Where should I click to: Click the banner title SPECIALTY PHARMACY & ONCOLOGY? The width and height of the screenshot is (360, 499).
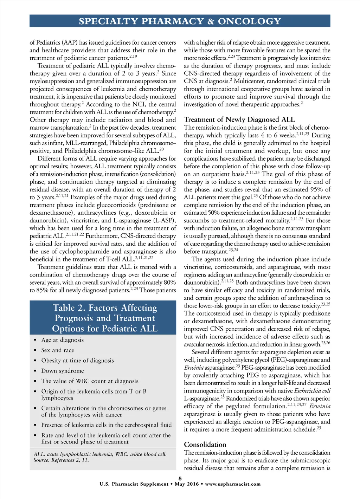tap(180, 21)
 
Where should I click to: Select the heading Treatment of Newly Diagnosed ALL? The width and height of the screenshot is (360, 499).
tap(239, 119)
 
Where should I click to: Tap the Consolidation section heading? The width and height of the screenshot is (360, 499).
tap(205, 445)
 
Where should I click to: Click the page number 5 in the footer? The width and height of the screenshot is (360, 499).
tap(180, 478)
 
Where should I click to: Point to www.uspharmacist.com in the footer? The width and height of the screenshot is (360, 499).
tap(233, 484)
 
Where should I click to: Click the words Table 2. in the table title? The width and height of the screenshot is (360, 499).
tap(69, 308)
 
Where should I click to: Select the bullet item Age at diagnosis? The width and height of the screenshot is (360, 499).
tap(63, 340)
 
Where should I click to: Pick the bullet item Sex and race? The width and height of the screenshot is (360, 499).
tap(58, 350)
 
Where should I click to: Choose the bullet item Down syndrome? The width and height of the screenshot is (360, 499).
tap(63, 371)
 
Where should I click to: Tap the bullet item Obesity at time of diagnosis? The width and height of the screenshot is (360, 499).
tap(77, 361)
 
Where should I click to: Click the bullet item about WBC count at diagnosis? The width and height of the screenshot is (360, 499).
tap(90, 381)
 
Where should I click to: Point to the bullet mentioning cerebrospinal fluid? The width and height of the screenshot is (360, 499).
tap(106, 425)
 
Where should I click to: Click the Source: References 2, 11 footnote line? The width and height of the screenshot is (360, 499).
tap(61, 460)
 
